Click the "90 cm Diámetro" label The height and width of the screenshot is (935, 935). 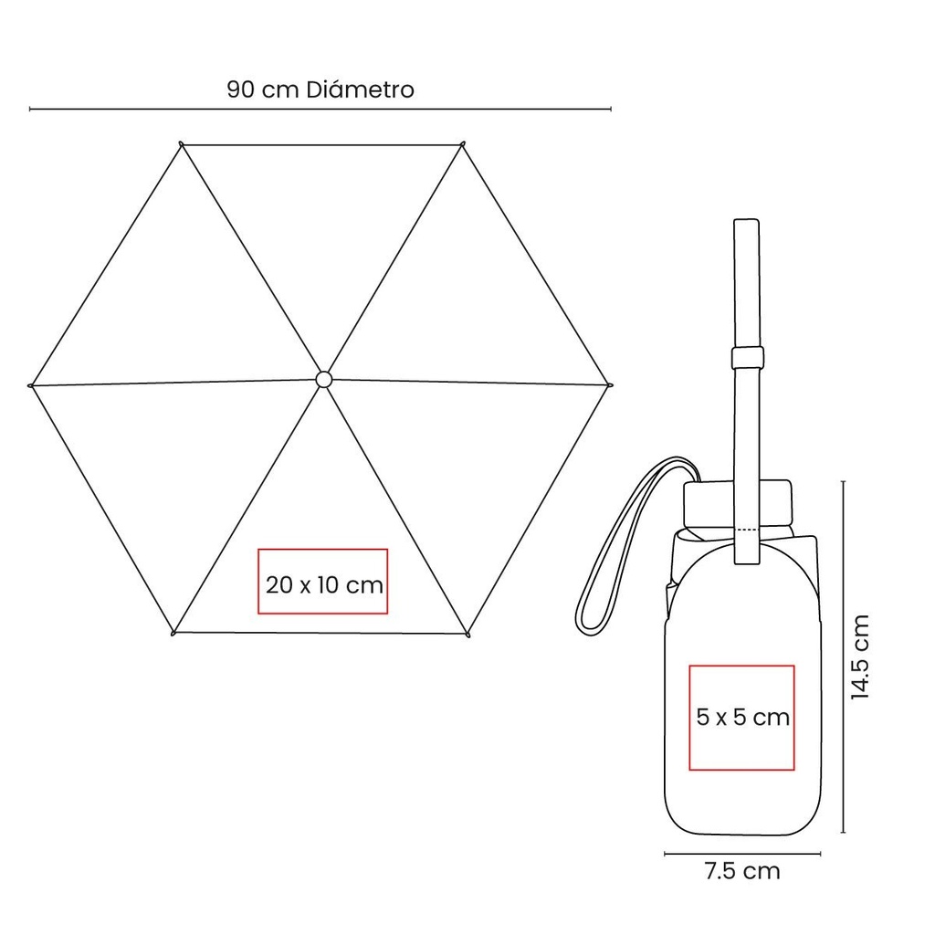point(320,89)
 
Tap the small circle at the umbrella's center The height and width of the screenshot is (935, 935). point(323,379)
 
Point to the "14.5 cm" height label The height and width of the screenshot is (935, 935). point(860,657)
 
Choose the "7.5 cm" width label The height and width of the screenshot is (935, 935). point(742,871)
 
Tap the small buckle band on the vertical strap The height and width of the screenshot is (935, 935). point(748,357)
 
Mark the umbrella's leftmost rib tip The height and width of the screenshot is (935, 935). point(30,386)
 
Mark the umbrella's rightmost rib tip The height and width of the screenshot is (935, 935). point(609,385)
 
